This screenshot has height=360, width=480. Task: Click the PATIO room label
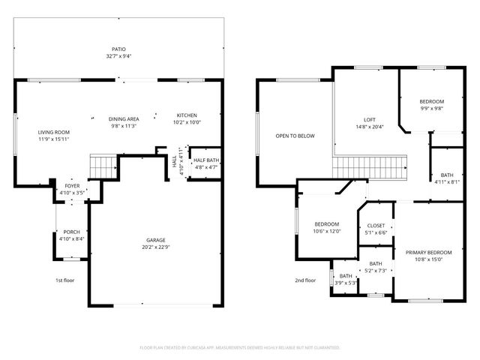(119, 49)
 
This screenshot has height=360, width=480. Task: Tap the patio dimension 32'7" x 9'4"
(119, 56)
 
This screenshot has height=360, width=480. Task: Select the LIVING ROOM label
(54, 132)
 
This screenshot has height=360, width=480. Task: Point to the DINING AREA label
(124, 118)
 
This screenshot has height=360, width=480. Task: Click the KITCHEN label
(187, 115)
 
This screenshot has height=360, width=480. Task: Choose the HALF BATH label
(205, 160)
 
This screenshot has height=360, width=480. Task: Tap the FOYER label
(72, 184)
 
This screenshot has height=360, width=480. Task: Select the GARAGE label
(156, 241)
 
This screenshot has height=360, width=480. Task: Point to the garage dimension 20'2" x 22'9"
(156, 248)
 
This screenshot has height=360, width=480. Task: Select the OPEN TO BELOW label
(295, 136)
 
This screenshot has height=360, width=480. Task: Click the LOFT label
(369, 119)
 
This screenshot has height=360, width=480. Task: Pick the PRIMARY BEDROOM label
(429, 253)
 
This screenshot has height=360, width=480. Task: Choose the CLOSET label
(376, 225)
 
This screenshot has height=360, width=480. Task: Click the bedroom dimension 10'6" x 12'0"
(327, 232)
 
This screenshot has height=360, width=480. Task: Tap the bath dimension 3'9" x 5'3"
(346, 283)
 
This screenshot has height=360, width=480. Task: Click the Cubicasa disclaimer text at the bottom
(240, 347)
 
